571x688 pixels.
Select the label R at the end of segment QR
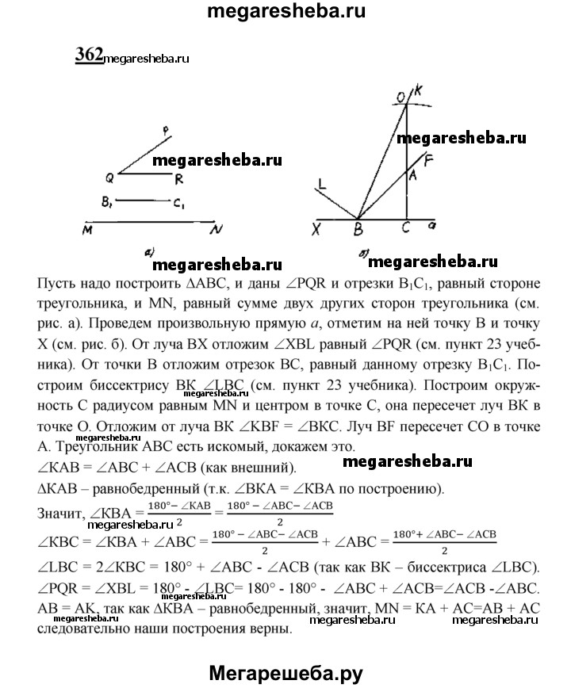[x=181, y=179]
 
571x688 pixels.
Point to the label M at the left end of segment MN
[x=86, y=229]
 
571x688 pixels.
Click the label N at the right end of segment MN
[x=216, y=230]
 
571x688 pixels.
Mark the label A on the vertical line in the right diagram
[x=412, y=174]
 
